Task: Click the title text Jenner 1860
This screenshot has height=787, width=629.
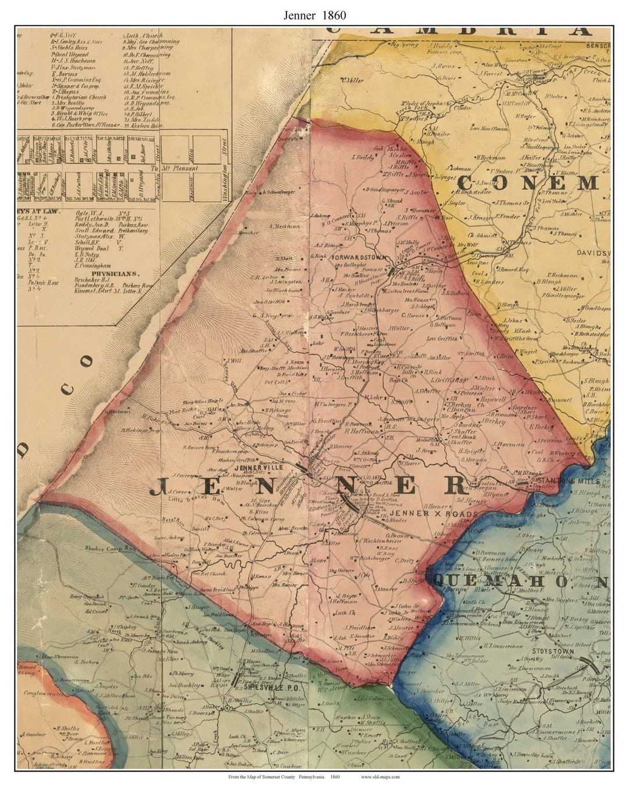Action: (314, 16)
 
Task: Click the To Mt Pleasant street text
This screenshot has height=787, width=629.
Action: (175, 168)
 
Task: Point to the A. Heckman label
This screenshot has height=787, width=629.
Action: (284, 226)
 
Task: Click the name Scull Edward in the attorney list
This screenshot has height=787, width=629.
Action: (93, 230)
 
